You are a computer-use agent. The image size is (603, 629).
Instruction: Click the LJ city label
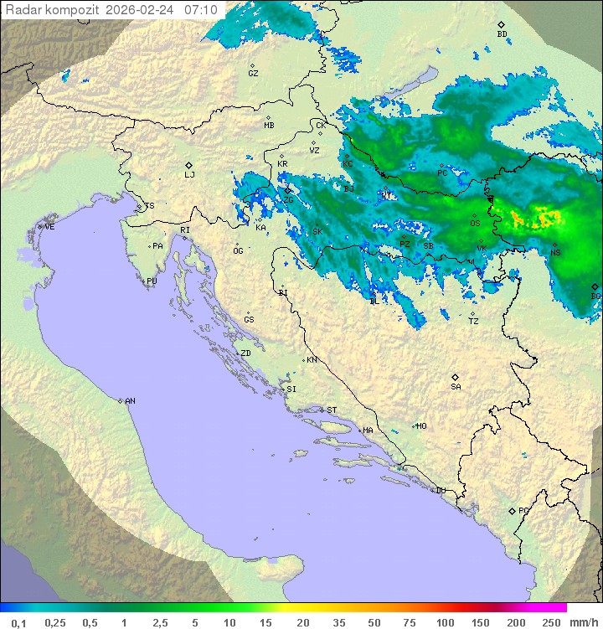coord(189,174)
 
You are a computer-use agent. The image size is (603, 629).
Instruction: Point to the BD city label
coord(502,34)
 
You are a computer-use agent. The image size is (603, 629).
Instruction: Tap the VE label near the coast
coord(49,227)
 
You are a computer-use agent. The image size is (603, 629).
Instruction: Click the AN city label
coord(130,401)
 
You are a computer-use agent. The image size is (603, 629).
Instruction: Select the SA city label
coord(456,386)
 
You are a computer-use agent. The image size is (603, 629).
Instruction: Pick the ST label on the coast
coord(332,410)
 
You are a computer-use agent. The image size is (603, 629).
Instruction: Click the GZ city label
coord(253,74)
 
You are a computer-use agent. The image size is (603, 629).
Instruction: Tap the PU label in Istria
coord(152,281)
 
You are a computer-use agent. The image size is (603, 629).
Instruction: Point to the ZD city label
coord(245,353)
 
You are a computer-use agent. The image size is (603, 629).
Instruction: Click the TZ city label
coord(473,321)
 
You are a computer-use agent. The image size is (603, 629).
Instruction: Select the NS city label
coord(555,253)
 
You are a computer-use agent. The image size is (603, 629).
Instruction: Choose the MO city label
coord(421,426)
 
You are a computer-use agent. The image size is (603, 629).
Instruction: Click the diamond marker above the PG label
coord(512,510)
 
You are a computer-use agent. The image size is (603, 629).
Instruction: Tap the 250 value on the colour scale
coord(550,622)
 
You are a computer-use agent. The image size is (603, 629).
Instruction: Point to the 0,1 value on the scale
coord(18,622)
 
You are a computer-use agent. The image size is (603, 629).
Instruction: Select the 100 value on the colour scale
coord(445,622)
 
